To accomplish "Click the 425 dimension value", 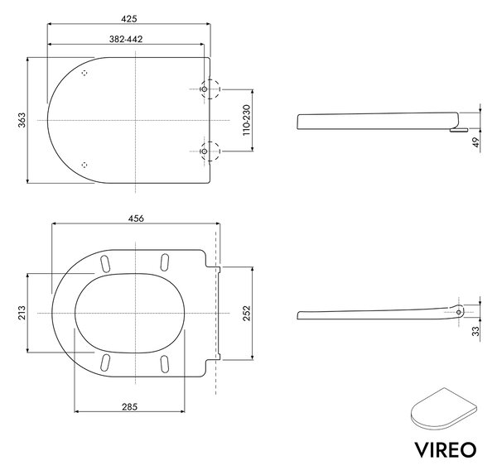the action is [129, 19].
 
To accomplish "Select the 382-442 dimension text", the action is [126, 39].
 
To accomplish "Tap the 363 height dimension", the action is [22, 120].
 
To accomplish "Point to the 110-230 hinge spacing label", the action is [246, 120].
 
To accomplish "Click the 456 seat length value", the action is [136, 218].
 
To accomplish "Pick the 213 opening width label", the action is [22, 313].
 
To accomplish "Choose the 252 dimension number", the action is [246, 313].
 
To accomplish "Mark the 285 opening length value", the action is [130, 406].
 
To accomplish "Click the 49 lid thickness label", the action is [476, 142].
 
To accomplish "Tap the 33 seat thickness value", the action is [476, 331].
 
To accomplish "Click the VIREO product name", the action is [446, 449].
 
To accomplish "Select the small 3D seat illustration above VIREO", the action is [444, 409].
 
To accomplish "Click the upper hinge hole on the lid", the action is [205, 89].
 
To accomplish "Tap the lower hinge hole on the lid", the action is [205, 151].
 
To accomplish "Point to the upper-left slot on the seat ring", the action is [105, 263].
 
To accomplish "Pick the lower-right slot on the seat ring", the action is [165, 363].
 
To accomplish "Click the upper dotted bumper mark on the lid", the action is [84, 73].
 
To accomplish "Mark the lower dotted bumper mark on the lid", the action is [84, 165].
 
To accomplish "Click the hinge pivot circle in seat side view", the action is [459, 312].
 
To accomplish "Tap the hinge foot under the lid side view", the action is [458, 130].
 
